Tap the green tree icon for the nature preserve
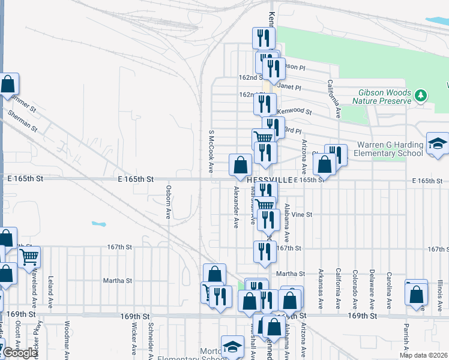[421, 95]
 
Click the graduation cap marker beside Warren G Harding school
[438, 144]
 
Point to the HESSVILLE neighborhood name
[270, 179]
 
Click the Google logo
[20, 353]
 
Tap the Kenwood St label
[295, 112]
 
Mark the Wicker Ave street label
[133, 339]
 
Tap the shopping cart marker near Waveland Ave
[29, 258]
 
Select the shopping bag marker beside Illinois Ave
[417, 295]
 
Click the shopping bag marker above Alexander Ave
[240, 164]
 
